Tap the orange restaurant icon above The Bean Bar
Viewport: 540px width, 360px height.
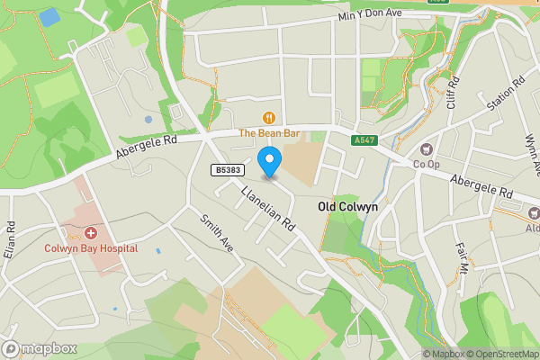click(x=268, y=117)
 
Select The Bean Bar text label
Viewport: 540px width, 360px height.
click(x=268, y=133)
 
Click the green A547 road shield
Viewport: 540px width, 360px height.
click(x=364, y=140)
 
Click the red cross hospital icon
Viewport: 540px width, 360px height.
click(x=91, y=232)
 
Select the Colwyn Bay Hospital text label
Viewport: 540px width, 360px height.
click(x=91, y=247)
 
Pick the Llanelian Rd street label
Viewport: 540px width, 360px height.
click(x=268, y=208)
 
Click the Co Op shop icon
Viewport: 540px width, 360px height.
click(x=427, y=149)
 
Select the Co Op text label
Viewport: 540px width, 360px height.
click(x=426, y=165)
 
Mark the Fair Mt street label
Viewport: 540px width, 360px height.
click(x=463, y=256)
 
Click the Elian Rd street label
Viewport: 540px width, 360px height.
click(x=11, y=239)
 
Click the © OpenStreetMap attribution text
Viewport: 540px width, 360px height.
click(x=500, y=354)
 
